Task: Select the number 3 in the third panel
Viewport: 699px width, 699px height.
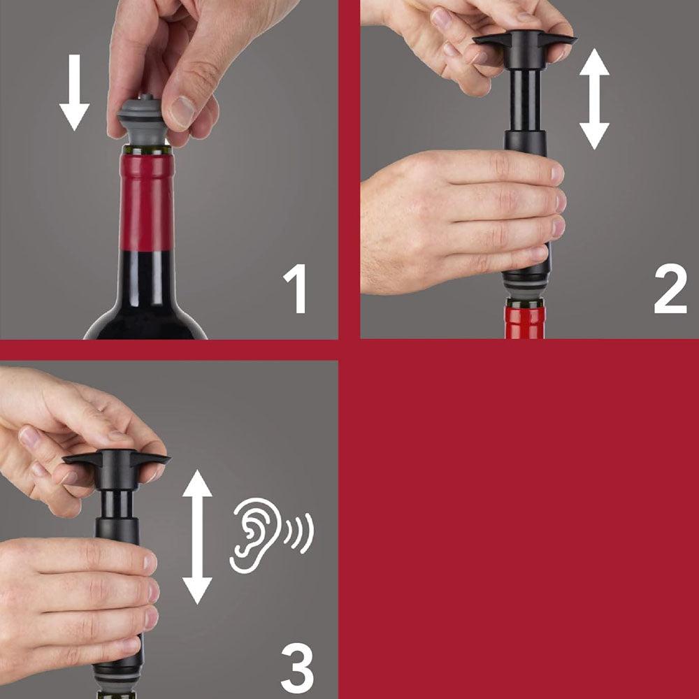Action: click(297, 669)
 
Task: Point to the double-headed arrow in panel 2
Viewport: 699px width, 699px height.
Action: click(594, 99)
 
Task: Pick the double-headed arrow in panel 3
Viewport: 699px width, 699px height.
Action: click(197, 536)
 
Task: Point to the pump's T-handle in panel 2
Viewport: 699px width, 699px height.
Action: click(524, 42)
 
